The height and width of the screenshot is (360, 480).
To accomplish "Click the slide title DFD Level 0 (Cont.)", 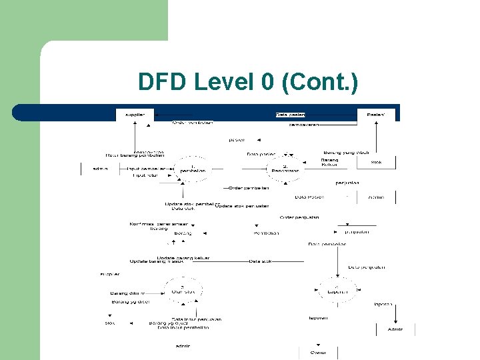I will (x=248, y=83).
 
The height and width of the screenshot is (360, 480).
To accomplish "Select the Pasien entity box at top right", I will (x=376, y=115).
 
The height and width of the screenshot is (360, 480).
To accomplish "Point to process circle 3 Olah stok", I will (x=183, y=289).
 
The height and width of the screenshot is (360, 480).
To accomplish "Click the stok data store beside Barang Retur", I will (x=377, y=162).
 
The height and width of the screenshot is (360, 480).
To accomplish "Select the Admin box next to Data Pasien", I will (x=377, y=197).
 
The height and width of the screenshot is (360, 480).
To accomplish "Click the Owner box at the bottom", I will (x=318, y=353).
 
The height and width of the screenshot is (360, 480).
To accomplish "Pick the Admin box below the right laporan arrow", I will (x=395, y=329).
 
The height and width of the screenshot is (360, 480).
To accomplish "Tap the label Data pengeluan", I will (x=367, y=267).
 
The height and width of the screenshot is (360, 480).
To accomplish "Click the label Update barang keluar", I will (x=175, y=257).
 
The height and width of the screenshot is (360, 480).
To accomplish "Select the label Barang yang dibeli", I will (x=346, y=153).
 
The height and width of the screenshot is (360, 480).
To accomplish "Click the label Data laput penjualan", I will (x=196, y=319).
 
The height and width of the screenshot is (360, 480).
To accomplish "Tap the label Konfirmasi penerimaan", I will (x=159, y=224).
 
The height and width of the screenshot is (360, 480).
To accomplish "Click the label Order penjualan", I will (x=299, y=217).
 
